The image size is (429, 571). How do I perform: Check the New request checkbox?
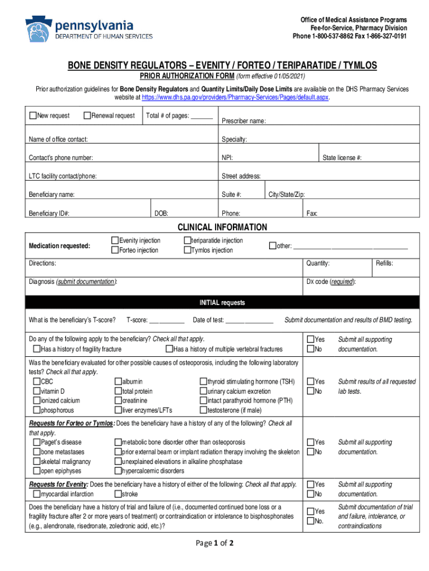(33, 115)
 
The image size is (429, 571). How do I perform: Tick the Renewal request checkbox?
(87, 115)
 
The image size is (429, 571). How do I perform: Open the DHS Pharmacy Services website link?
(235, 97)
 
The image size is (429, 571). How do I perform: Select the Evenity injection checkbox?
(115, 241)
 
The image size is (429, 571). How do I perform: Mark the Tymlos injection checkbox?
(187, 250)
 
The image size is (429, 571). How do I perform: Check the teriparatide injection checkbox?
(187, 241)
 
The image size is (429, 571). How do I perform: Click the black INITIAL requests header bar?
(222, 303)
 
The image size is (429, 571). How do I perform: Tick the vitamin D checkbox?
(37, 391)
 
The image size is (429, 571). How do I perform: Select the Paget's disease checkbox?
(37, 442)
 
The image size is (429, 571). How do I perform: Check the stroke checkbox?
(118, 494)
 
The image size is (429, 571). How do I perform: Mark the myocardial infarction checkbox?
(37, 494)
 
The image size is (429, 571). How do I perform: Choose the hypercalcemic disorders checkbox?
(118, 471)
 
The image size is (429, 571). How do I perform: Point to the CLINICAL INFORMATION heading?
(222, 228)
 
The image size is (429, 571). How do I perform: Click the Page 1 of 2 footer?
(214, 544)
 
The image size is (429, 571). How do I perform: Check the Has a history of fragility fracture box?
(37, 350)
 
